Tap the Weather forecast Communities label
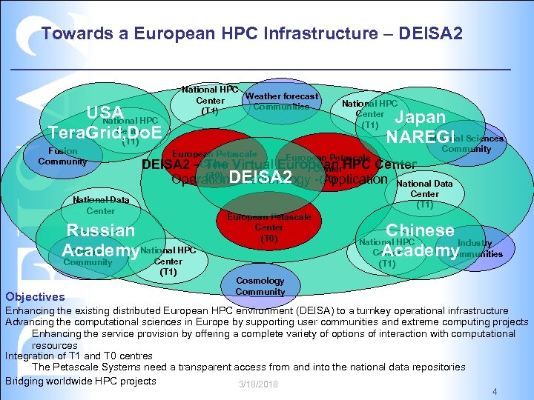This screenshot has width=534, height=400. point(281,101)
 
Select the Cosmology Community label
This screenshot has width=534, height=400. point(260,286)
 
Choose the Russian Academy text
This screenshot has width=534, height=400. point(100,239)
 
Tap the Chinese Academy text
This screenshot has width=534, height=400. point(420,241)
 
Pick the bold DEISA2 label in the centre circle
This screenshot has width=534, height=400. point(260,177)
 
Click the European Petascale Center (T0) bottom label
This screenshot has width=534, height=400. point(269,227)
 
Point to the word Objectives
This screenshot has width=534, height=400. point(36,296)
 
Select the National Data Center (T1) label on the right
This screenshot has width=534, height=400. point(424,193)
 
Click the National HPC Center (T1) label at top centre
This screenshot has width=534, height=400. point(210,100)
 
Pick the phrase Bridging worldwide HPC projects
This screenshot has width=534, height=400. point(81,381)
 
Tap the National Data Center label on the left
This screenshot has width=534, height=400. point(100,205)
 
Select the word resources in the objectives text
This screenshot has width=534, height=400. point(54,345)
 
